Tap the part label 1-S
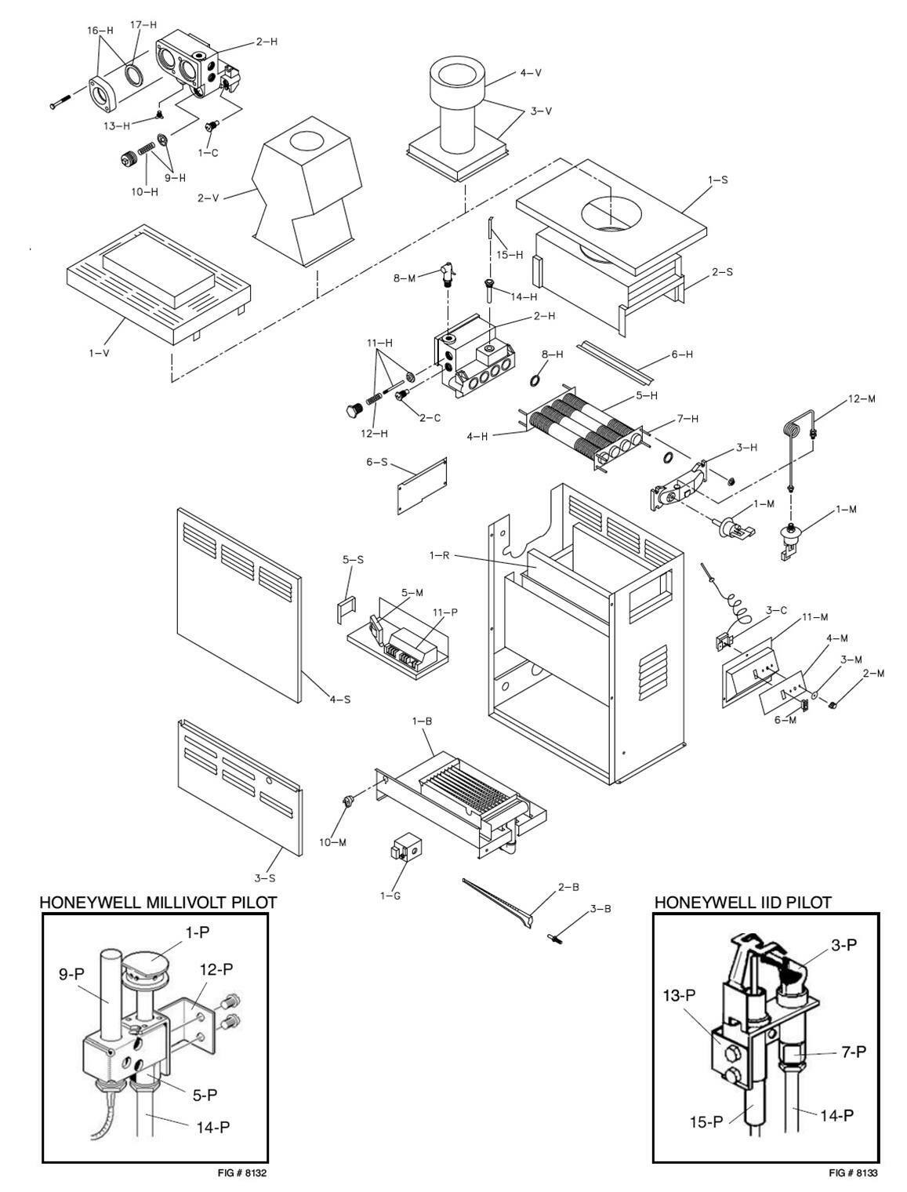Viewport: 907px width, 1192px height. pos(717,180)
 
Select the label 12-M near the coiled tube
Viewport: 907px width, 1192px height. pos(861,399)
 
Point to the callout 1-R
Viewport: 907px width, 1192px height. pos(438,555)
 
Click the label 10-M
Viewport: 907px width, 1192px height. pos(332,842)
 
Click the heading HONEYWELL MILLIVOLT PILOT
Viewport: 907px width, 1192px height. pos(158,903)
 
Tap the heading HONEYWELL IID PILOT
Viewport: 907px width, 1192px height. pos(742,903)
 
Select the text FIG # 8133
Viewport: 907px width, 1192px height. pos(854,1173)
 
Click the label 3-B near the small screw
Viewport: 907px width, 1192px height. pos(601,909)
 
